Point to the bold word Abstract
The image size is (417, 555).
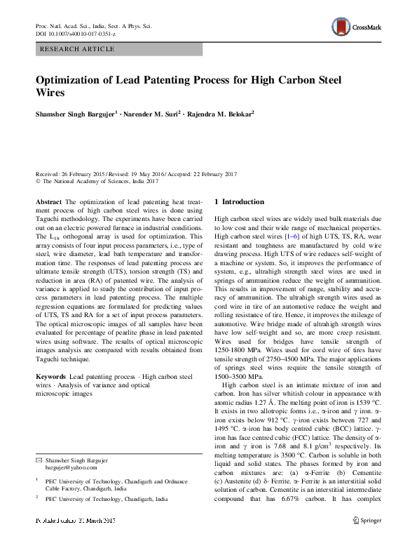coord(48,201)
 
